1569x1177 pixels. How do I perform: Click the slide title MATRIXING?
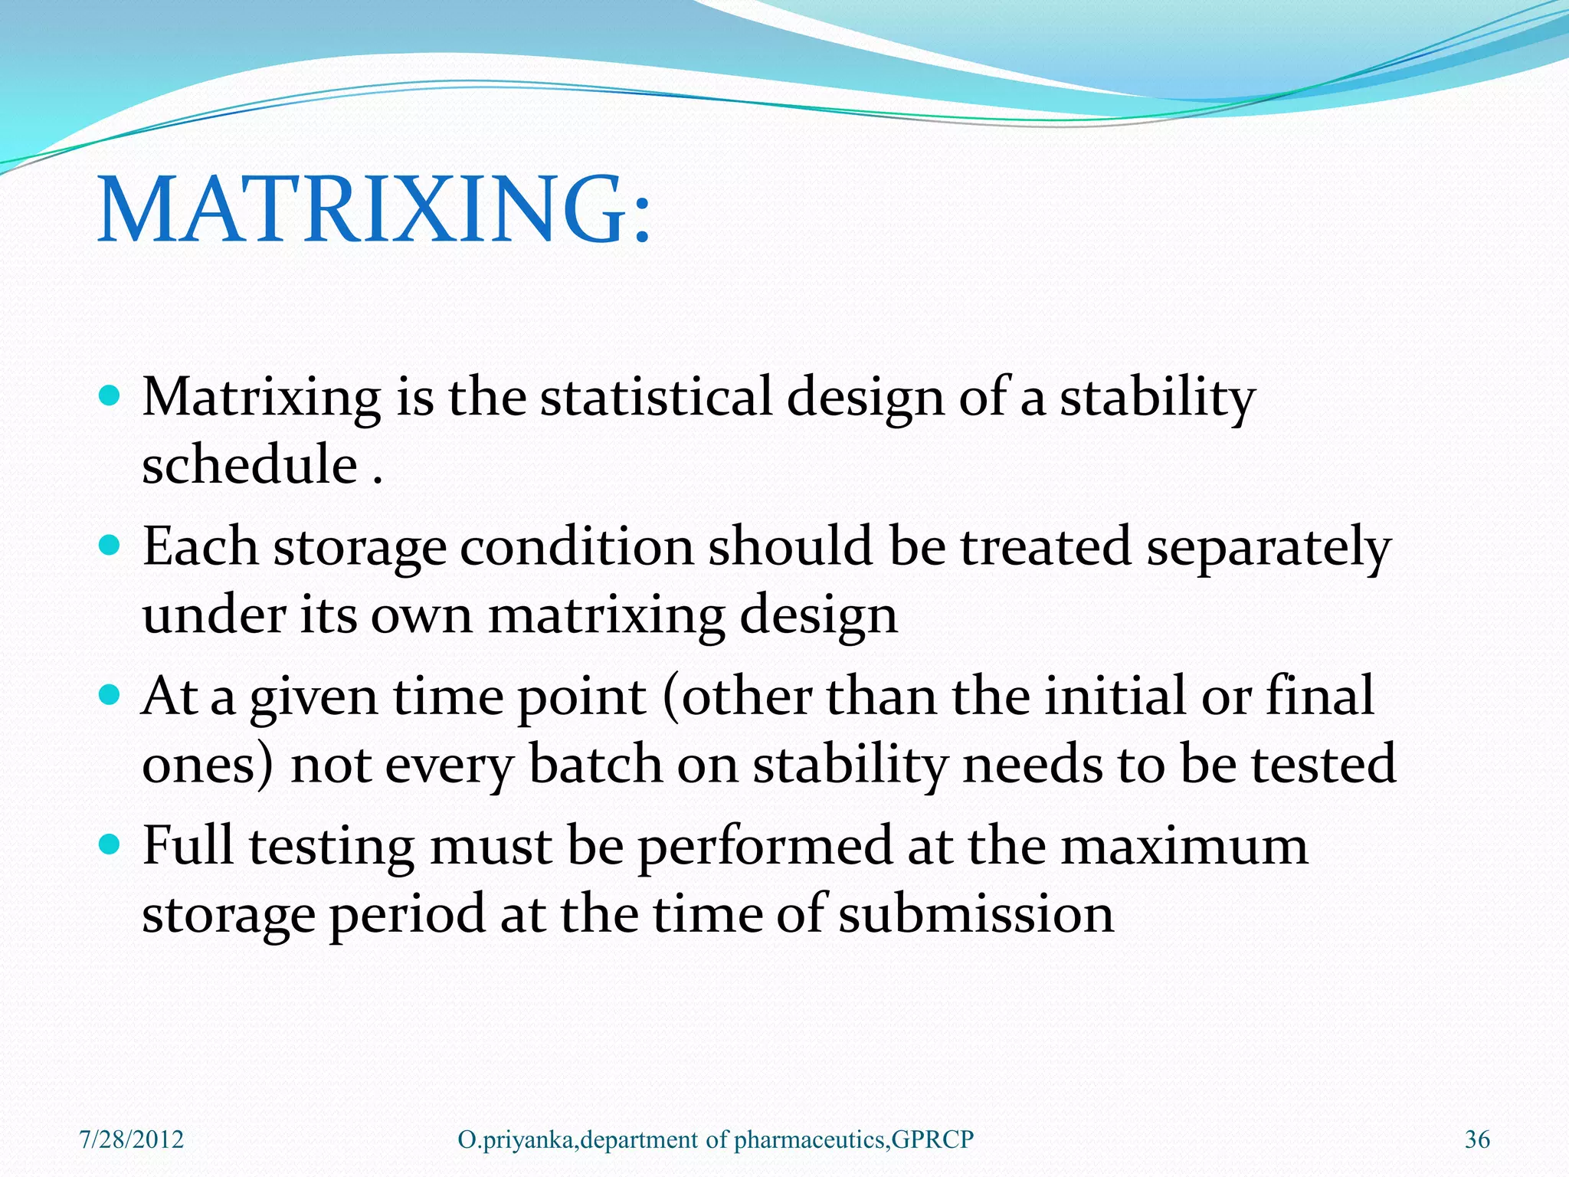click(374, 210)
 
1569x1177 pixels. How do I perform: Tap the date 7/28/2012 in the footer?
click(132, 1139)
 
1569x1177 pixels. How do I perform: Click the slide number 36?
click(1477, 1139)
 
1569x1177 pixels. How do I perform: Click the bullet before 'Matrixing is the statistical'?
click(110, 396)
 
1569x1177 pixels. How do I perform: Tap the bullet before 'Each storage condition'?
click(110, 546)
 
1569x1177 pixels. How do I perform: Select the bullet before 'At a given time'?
click(110, 696)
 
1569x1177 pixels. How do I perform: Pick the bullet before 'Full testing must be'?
click(110, 845)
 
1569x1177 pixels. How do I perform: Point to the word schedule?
click(250, 465)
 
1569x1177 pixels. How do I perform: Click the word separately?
click(1268, 549)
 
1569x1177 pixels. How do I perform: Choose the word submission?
click(975, 914)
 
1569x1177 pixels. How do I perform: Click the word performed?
click(765, 847)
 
